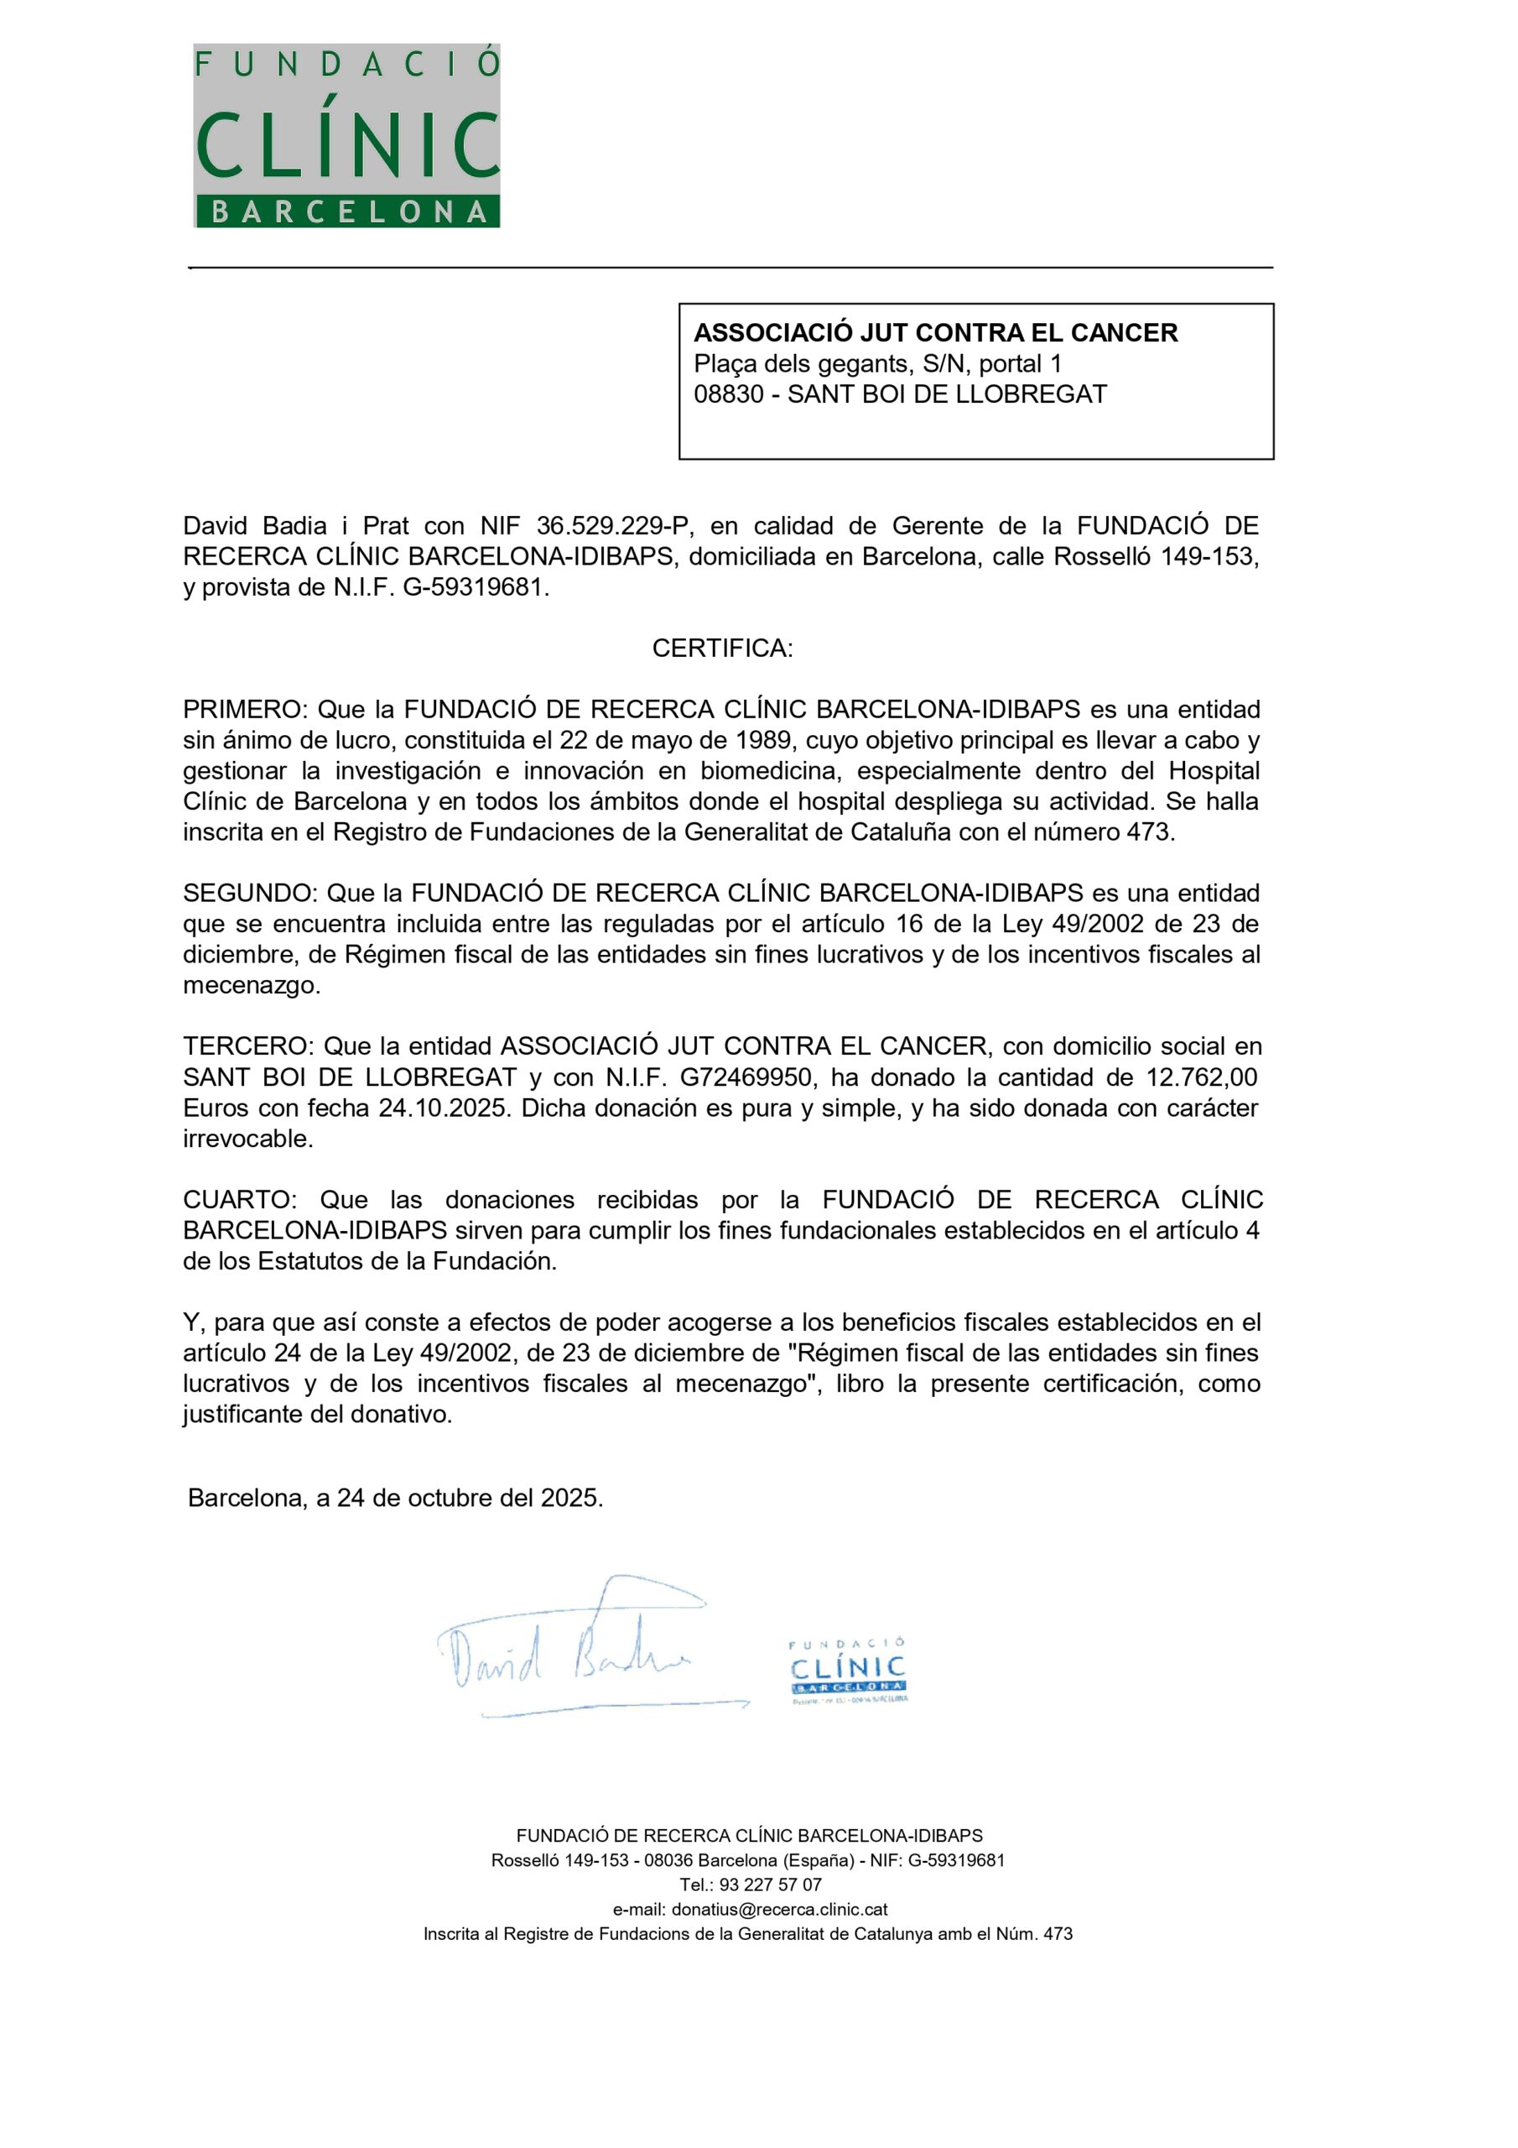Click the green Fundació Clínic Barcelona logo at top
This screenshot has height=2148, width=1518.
pyautogui.click(x=347, y=136)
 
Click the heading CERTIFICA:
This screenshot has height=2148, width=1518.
pyautogui.click(x=722, y=649)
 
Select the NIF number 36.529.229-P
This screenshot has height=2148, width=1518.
pyautogui.click(x=614, y=526)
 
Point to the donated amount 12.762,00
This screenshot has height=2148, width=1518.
pyautogui.click(x=1202, y=1077)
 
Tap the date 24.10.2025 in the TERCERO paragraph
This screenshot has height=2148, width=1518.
pyautogui.click(x=444, y=1108)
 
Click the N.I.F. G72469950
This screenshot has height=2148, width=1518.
pyautogui.click(x=745, y=1077)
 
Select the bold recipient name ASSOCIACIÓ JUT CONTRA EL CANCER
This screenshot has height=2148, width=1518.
pyautogui.click(x=935, y=333)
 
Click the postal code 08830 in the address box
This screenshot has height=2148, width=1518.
pyautogui.click(x=729, y=394)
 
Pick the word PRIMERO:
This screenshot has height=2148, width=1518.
pyautogui.click(x=245, y=709)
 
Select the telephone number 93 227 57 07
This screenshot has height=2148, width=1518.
pyautogui.click(x=770, y=1885)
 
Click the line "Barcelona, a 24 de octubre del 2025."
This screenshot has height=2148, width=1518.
pyautogui.click(x=396, y=1498)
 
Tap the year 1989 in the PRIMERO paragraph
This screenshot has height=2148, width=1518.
pyautogui.click(x=766, y=740)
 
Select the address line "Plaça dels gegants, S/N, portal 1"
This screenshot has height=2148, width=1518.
pyautogui.click(x=877, y=363)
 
